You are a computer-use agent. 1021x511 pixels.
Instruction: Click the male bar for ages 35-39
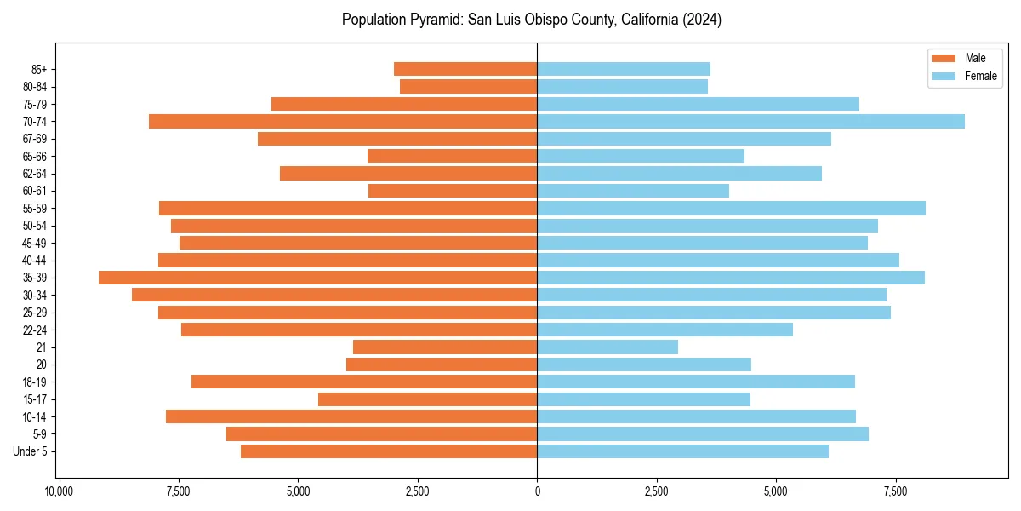[x=317, y=278]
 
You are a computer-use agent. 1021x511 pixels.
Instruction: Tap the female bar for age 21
[x=607, y=347]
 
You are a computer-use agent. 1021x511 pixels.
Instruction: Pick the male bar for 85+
[x=465, y=69]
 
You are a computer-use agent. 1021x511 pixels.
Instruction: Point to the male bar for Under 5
[x=389, y=451]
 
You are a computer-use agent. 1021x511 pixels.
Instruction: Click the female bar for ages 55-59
[x=731, y=209]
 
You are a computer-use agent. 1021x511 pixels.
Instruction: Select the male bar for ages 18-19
[x=364, y=382]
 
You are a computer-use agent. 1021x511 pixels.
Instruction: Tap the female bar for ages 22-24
[x=665, y=330]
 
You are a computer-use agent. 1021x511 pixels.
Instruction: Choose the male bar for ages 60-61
[x=453, y=191]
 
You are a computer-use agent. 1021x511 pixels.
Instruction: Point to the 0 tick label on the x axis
[x=537, y=491]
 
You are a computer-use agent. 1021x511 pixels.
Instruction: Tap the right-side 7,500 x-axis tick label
[x=895, y=491]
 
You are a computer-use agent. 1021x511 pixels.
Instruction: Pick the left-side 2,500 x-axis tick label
[x=417, y=491]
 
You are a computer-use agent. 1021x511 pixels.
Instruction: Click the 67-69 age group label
[x=35, y=139]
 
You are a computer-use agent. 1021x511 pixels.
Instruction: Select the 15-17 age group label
[x=35, y=399]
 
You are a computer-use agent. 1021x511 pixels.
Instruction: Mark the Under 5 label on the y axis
[x=31, y=451]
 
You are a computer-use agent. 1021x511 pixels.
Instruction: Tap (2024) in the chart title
[x=703, y=20]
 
